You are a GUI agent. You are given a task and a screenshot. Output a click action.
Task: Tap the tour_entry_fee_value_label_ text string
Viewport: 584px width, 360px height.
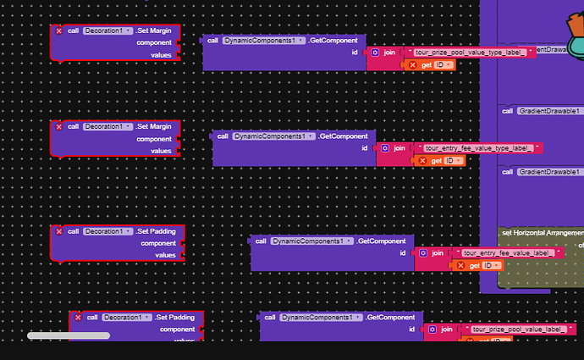[x=506, y=252]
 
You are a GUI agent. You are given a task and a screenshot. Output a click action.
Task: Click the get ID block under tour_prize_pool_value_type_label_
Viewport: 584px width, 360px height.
[x=430, y=64]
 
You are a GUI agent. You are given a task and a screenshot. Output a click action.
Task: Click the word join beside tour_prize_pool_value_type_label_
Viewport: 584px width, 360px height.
[x=389, y=53]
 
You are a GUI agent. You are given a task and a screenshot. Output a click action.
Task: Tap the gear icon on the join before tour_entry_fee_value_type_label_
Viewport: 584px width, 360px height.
[x=384, y=148]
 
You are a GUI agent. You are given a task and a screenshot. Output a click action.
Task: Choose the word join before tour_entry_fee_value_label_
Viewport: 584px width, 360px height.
[x=438, y=252]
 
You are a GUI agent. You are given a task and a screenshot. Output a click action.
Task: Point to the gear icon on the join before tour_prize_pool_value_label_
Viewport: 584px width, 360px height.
[x=432, y=329]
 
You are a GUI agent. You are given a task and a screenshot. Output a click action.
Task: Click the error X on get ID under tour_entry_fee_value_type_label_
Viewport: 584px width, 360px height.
[x=422, y=160]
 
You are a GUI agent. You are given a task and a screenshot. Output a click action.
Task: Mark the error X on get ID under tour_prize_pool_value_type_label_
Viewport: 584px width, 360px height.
[x=412, y=64]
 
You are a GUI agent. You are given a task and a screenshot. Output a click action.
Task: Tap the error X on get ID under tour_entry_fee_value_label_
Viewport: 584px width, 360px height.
[x=461, y=265]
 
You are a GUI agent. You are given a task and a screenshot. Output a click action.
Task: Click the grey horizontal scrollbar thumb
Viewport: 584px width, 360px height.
[x=69, y=335]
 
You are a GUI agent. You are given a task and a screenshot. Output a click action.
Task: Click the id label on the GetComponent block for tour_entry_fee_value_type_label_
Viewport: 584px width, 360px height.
[x=365, y=147]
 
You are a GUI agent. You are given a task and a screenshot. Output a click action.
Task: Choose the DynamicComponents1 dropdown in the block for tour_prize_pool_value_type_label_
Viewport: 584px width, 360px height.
[x=263, y=41]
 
